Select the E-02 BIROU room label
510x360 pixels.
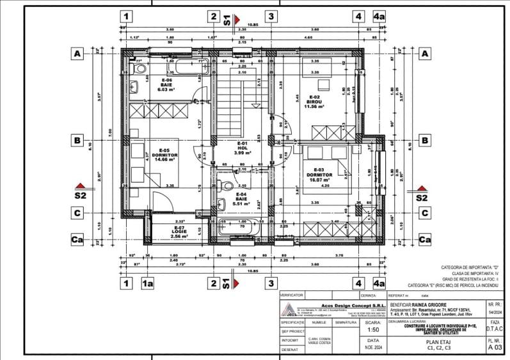pos(314,102)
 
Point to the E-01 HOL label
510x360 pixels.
pos(242,148)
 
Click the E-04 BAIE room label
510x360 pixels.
pos(241,199)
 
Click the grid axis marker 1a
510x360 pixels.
pos(148,283)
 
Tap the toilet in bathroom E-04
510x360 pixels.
pos(224,186)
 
